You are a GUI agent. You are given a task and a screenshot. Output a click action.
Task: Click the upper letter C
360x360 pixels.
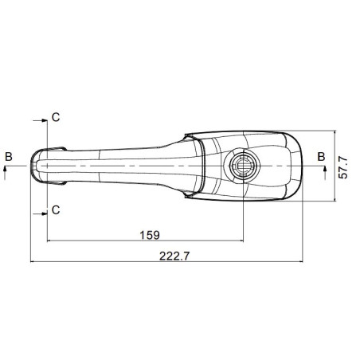(x=56, y=117)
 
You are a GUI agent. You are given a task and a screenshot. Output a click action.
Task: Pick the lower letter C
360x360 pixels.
(x=56, y=209)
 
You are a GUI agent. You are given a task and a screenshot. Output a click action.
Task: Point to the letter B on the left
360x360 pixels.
(x=8, y=156)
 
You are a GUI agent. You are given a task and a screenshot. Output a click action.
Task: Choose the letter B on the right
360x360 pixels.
(x=322, y=156)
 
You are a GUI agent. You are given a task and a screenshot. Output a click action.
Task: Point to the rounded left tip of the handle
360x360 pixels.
(x=33, y=166)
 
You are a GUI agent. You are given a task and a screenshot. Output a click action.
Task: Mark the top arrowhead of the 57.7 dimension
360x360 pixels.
(x=333, y=133)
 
